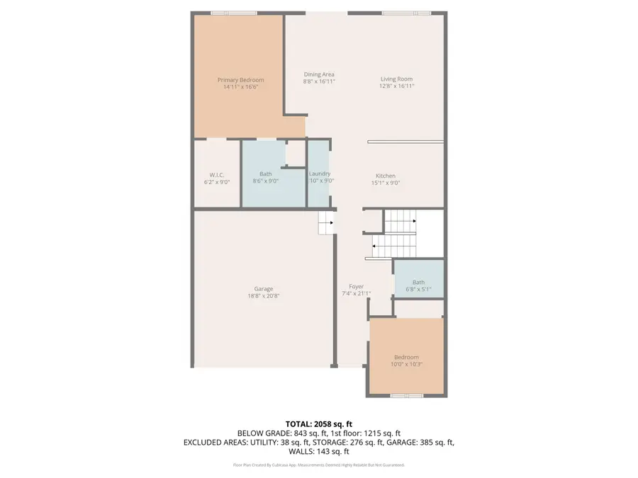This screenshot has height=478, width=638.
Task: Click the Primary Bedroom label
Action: coord(240,80)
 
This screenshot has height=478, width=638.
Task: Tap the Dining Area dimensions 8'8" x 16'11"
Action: coord(319,82)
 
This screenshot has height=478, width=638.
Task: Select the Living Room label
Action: coord(396,79)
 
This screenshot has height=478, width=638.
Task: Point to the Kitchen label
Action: coord(386,176)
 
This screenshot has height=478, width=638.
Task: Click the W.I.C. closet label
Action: coord(217,174)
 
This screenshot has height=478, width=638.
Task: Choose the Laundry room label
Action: coord(320,173)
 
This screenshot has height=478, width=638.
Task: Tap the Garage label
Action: coord(264,289)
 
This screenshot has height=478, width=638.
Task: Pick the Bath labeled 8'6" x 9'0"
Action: coord(266,173)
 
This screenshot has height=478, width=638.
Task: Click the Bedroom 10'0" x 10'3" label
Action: coord(406,357)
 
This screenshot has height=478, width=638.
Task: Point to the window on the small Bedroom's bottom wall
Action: coord(407,395)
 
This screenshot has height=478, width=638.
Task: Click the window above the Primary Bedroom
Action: coord(234,13)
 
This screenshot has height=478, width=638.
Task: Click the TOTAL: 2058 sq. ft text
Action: coord(318,423)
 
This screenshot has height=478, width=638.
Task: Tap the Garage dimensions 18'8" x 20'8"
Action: coord(264,297)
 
